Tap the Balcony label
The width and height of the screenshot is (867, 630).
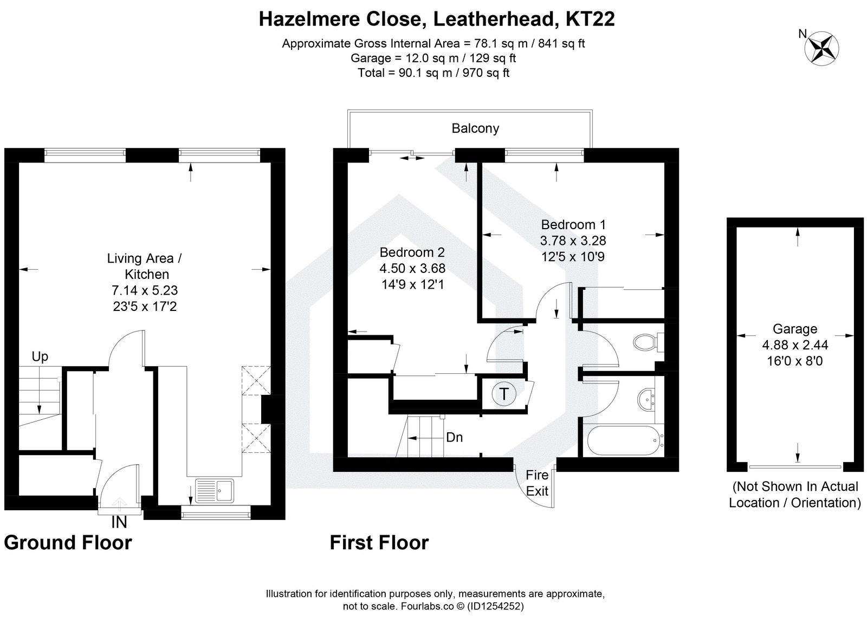coord(475,128)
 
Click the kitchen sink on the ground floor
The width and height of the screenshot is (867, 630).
coord(215,491)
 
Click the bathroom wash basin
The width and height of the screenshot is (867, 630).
coord(646,399)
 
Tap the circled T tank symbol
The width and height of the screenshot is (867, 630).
coord(504,394)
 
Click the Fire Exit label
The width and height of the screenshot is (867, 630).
coord(538,483)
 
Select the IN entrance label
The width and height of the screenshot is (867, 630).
coord(119,522)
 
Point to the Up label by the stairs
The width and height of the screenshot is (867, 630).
coord(40,356)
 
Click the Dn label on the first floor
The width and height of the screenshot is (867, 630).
coord(454,437)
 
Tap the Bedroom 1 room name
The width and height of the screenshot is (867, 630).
coord(573,224)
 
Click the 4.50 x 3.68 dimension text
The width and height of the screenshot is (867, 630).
coord(412,268)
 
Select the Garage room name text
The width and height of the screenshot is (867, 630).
coord(794,329)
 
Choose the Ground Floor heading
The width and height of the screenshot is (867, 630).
coord(68,542)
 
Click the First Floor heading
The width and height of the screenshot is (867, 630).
coord(379,542)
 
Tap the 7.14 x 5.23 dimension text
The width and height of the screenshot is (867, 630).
coord(145,290)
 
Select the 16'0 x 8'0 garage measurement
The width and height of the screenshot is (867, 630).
coord(794,360)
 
